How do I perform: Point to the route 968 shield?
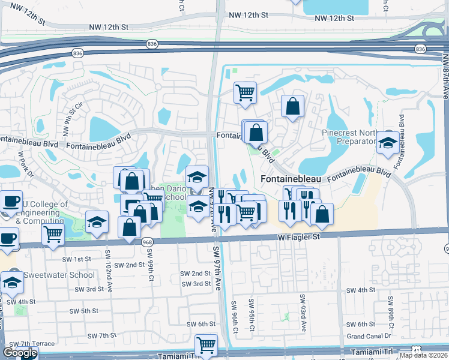tap(148, 241)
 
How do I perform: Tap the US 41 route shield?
tap(417, 350)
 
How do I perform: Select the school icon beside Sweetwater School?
tap(12, 281)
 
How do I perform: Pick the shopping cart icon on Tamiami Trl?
tap(206, 346)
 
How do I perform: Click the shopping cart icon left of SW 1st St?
tap(53, 236)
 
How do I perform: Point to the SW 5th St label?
tap(83, 311)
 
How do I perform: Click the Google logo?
tap(20, 353)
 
